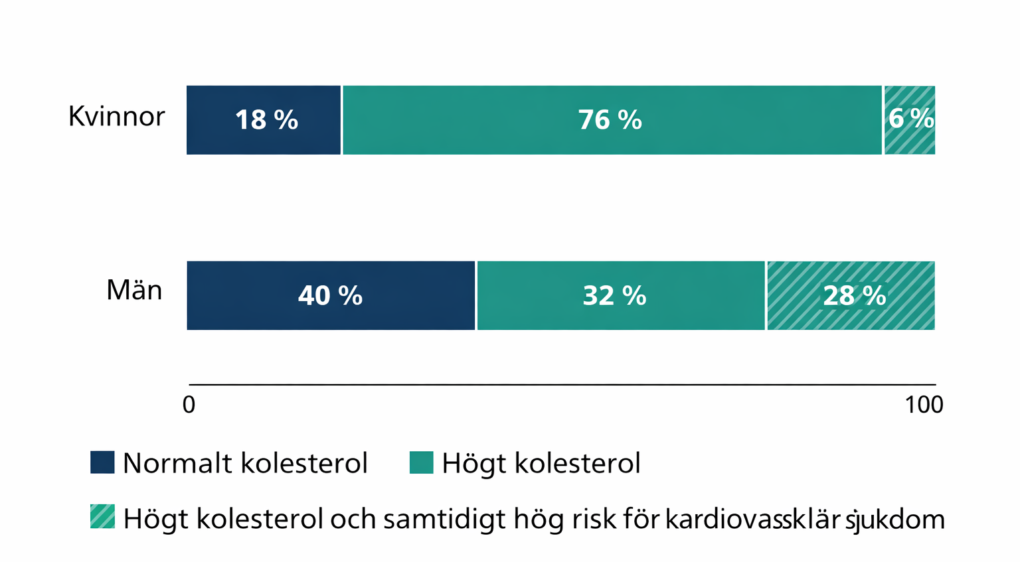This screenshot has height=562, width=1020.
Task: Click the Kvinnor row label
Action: point(116,117)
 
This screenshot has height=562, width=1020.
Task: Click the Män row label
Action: point(134,291)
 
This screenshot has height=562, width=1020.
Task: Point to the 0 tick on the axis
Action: point(189,404)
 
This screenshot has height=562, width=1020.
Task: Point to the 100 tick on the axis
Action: point(924,404)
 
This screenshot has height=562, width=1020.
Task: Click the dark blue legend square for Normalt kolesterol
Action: point(102,462)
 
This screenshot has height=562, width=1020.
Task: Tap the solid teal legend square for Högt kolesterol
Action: point(421,462)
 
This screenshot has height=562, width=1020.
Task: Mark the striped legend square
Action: point(102,517)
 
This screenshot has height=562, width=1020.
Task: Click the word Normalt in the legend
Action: point(178,463)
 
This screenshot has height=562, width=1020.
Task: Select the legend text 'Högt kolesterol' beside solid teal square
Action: point(541,463)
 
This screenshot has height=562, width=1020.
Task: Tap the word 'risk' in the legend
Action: point(590,519)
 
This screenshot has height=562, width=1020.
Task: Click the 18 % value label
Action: point(266,120)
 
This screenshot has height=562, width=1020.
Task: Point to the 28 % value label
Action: point(854,295)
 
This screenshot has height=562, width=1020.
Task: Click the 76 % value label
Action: point(610,120)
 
